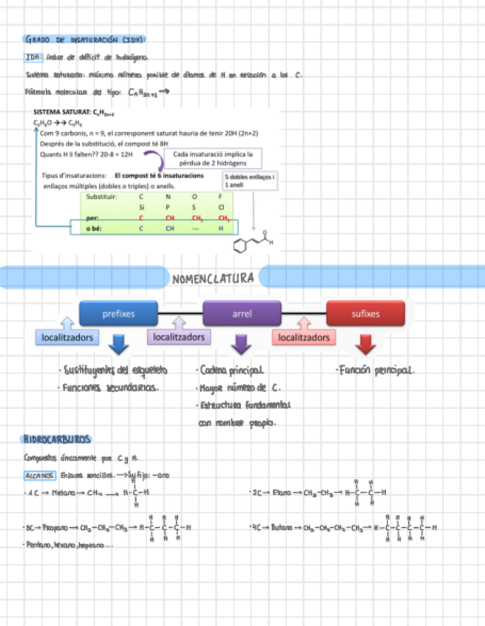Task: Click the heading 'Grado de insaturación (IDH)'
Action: (x=85, y=39)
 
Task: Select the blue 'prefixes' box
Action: (x=118, y=314)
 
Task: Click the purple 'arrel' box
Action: (x=242, y=314)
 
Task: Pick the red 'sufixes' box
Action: (x=365, y=314)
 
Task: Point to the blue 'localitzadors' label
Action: (x=67, y=337)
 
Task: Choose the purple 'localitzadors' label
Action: (x=180, y=337)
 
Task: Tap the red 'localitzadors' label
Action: (x=304, y=337)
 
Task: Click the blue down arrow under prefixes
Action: (x=118, y=344)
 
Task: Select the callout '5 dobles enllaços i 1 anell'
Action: (x=249, y=181)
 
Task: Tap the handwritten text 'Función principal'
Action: (x=375, y=370)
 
